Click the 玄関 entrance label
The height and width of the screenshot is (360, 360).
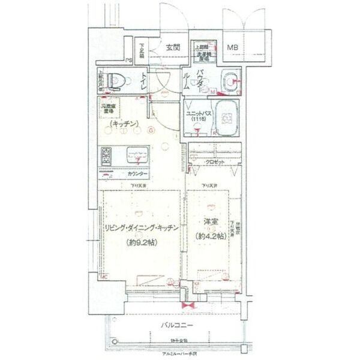coord(174,47)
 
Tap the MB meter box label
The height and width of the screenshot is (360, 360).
coord(231,47)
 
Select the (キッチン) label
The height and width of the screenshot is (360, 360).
coord(124,124)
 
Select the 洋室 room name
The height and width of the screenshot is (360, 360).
coord(210,223)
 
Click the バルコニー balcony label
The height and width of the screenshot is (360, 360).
coord(176,325)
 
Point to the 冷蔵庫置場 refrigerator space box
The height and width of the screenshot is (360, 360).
coord(112,110)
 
